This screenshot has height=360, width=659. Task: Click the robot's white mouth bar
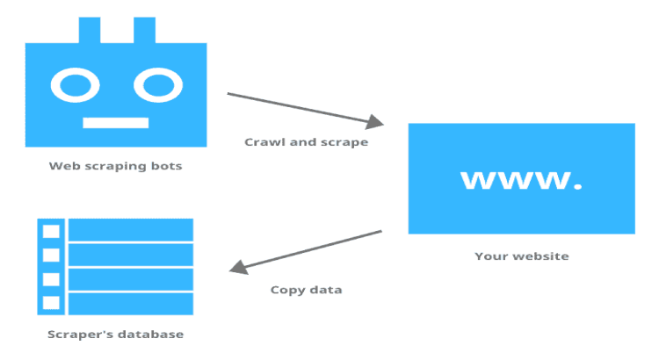coord(115,121)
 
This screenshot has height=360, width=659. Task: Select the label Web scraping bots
coord(115,165)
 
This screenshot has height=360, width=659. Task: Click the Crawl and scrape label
coord(306,141)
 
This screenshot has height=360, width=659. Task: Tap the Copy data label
coord(306,290)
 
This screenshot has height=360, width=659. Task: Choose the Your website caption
coord(521,256)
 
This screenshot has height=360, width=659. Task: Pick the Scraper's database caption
coord(115,335)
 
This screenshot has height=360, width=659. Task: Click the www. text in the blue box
coord(521,178)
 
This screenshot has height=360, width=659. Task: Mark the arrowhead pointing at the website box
coord(376,121)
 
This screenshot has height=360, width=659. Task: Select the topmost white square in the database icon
coord(51,231)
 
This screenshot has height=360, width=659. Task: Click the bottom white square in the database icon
coord(51,303)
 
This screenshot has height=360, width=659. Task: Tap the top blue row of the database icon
coord(130,230)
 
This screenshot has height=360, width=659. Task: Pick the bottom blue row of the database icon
coord(130,303)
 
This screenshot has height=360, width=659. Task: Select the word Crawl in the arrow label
coord(264,141)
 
